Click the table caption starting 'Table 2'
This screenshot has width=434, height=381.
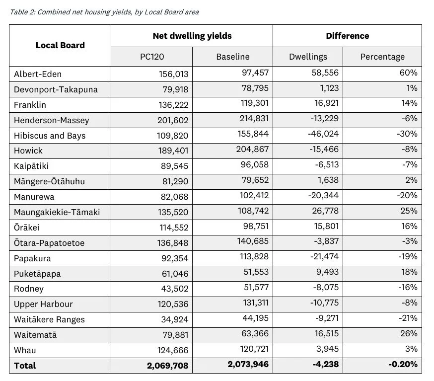click(x=104, y=12)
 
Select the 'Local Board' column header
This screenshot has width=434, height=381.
click(x=60, y=45)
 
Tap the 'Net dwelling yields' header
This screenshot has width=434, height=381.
click(x=192, y=36)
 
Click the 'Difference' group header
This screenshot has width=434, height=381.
click(x=347, y=36)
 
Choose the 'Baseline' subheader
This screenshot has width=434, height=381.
click(x=232, y=57)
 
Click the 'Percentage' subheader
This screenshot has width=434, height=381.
click(x=382, y=57)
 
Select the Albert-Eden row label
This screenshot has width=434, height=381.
click(x=38, y=74)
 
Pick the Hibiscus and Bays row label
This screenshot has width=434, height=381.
click(x=50, y=136)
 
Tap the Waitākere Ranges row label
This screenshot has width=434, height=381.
click(x=49, y=319)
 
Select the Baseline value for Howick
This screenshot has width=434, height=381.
click(x=253, y=151)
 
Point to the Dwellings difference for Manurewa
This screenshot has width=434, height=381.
click(x=323, y=196)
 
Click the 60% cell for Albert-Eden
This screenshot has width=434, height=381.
click(x=410, y=74)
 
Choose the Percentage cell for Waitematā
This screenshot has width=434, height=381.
click(x=410, y=334)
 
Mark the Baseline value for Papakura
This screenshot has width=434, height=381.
click(x=253, y=258)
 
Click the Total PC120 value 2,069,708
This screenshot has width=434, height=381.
click(x=168, y=366)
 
